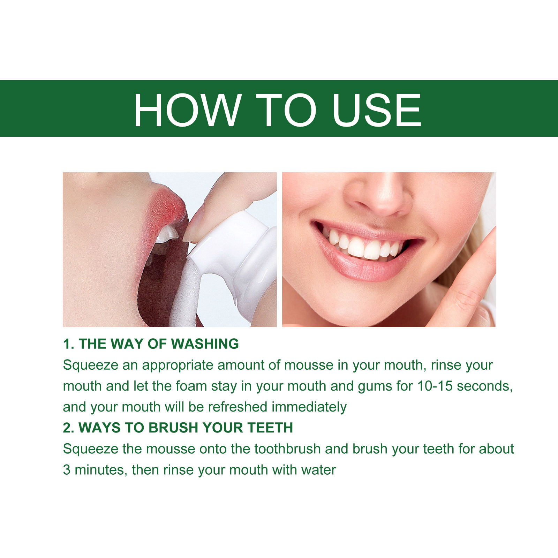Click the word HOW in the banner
point(188,110)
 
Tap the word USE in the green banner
point(377,110)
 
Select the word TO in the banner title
point(286,110)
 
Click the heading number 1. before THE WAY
point(69,344)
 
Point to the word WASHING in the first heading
point(205,344)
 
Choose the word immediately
point(309,407)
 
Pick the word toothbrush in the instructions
point(287,449)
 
